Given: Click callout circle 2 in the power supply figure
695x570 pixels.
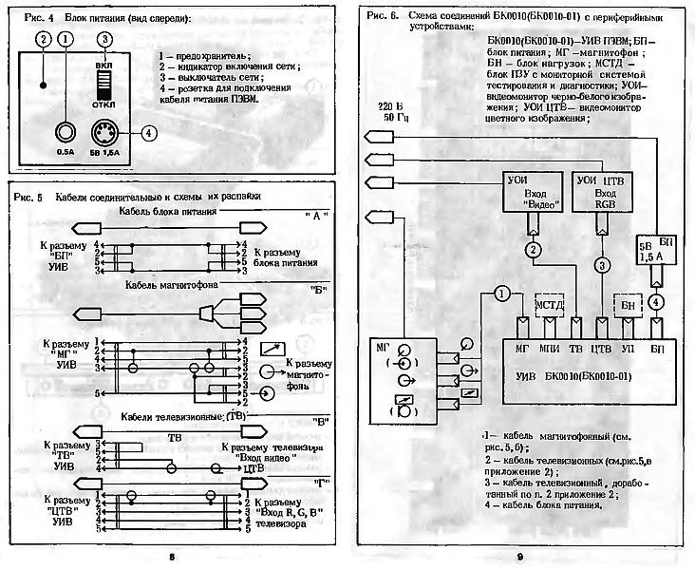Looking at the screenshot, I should [x=41, y=39].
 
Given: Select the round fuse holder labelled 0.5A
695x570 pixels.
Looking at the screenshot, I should [x=65, y=132].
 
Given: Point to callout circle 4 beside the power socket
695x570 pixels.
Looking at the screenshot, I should [x=148, y=132].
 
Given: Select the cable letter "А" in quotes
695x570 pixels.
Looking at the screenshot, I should [x=318, y=216].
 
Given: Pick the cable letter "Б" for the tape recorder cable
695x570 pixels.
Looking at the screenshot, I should [x=318, y=287].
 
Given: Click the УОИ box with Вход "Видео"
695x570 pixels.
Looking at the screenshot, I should [x=534, y=192].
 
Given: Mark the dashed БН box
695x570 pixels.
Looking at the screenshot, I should [x=628, y=305].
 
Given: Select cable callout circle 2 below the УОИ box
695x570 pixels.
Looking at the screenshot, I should [x=535, y=249].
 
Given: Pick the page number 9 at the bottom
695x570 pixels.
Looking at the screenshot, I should [x=520, y=555].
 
